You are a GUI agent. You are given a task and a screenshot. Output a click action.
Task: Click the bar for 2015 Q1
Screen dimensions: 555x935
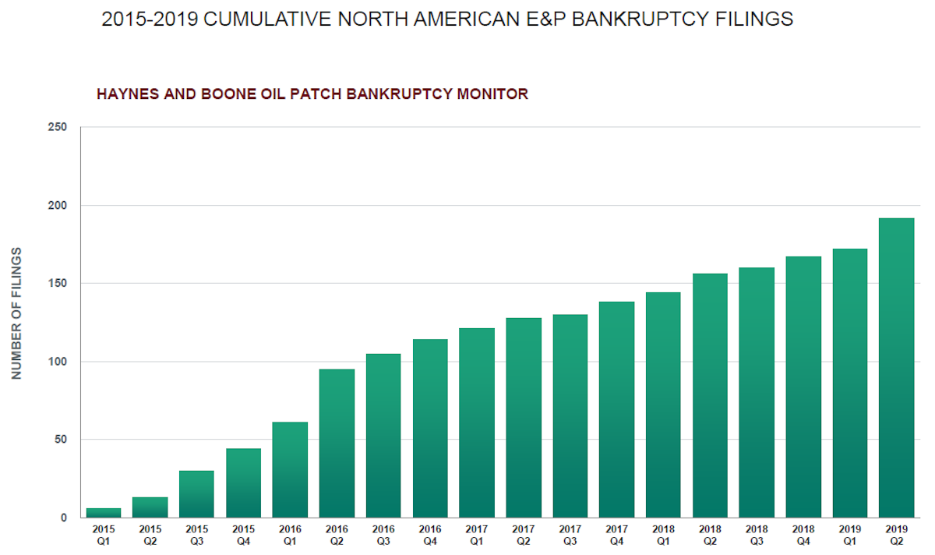tap(103, 513)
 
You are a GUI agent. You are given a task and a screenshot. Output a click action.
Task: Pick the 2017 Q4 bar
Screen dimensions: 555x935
tap(616, 409)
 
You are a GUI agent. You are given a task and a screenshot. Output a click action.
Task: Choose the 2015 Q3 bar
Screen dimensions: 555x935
tap(196, 494)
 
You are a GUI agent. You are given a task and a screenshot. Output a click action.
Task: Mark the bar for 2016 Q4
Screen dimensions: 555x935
tap(430, 428)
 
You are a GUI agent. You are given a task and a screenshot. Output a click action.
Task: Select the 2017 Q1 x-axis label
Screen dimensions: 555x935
tap(476, 536)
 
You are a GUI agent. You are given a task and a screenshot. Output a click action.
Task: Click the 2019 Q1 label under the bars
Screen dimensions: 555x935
tap(849, 536)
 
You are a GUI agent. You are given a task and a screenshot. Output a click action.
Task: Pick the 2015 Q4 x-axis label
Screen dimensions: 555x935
tap(243, 536)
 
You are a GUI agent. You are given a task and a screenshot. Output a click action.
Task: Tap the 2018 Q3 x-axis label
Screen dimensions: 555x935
tap(757, 536)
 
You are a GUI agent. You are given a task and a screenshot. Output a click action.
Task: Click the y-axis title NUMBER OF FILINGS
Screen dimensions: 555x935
tap(16, 313)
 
